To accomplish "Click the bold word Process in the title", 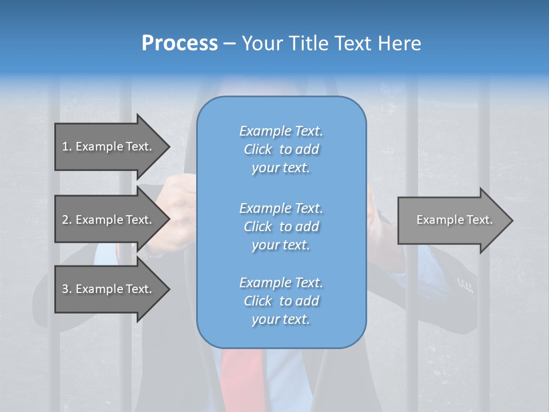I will [x=180, y=43].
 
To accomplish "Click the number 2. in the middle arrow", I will [x=66, y=220].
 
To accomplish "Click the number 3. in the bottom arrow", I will [x=66, y=289].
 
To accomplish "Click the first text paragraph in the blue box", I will [x=281, y=149].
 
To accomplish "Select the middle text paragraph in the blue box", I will [x=281, y=226].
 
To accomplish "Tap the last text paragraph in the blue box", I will [x=281, y=301].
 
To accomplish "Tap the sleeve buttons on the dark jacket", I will [x=465, y=285].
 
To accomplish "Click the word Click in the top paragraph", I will [x=258, y=149].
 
